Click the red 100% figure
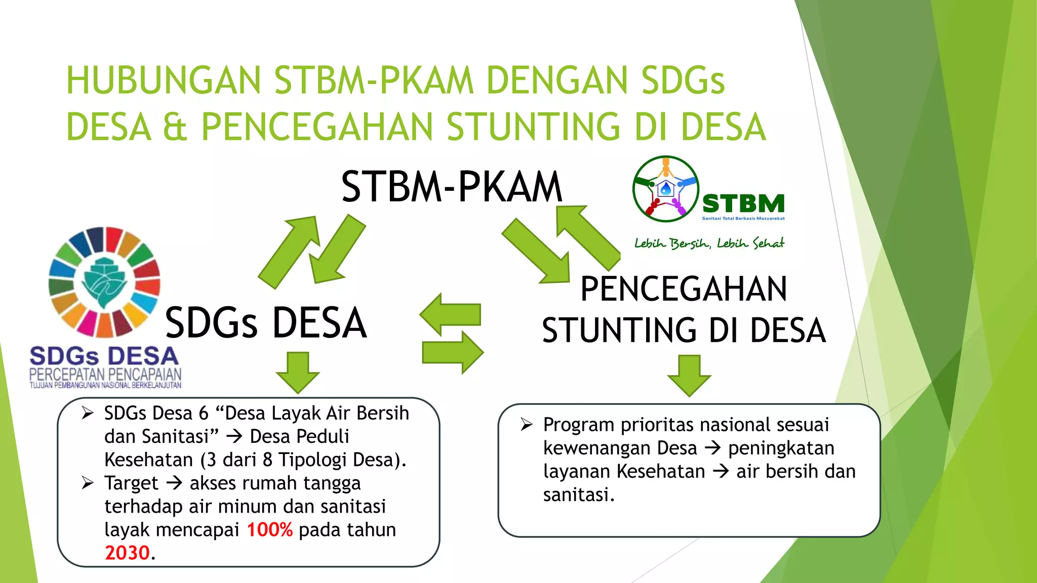point(269,530)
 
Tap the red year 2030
point(127,553)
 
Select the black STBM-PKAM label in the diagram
point(451,187)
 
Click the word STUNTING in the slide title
point(533,127)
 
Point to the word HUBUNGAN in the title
point(164,80)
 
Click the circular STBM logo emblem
point(665,189)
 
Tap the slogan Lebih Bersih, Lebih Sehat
point(709,243)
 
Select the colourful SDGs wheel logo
point(104,282)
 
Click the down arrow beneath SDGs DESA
point(298,373)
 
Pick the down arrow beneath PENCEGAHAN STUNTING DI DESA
point(689,376)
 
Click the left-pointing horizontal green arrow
point(450,314)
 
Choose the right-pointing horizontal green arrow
point(452,352)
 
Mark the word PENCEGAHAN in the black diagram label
point(684,289)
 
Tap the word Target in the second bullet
point(131,483)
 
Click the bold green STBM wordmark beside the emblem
point(743,203)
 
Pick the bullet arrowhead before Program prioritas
point(527,425)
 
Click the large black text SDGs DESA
point(266,322)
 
